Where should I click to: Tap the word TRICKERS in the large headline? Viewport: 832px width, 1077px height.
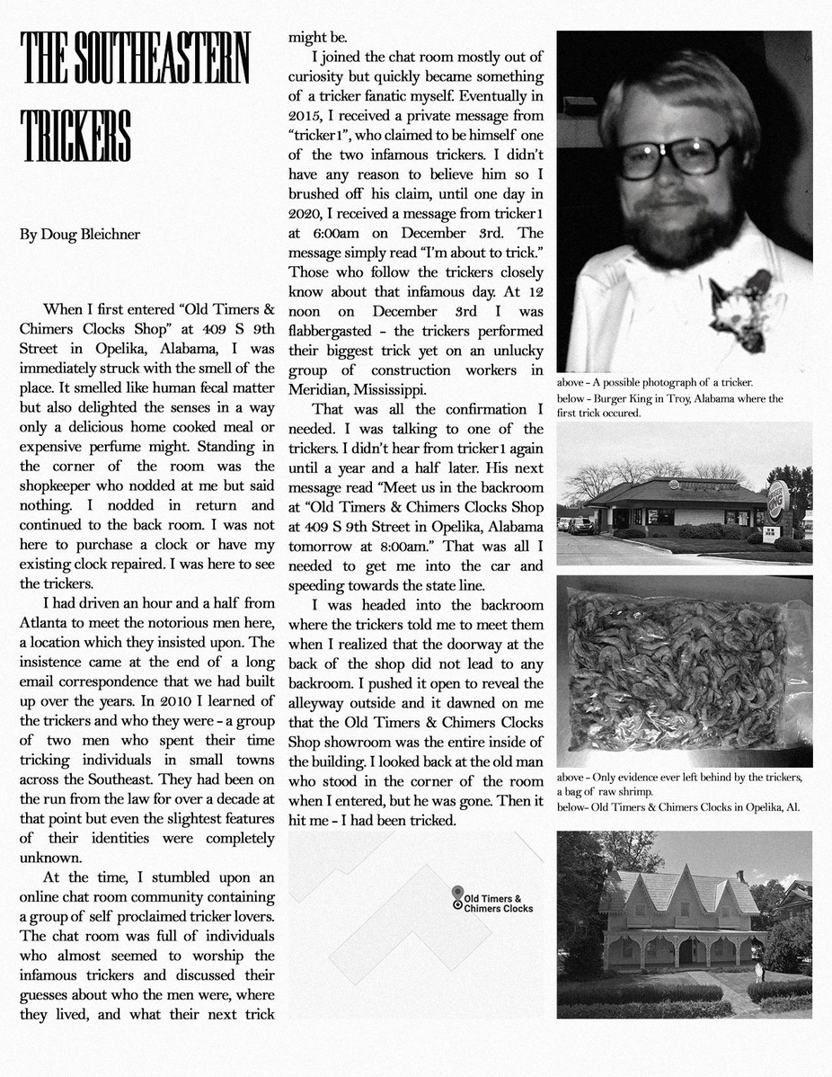click(75, 136)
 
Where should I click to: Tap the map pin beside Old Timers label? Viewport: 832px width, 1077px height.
click(458, 895)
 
